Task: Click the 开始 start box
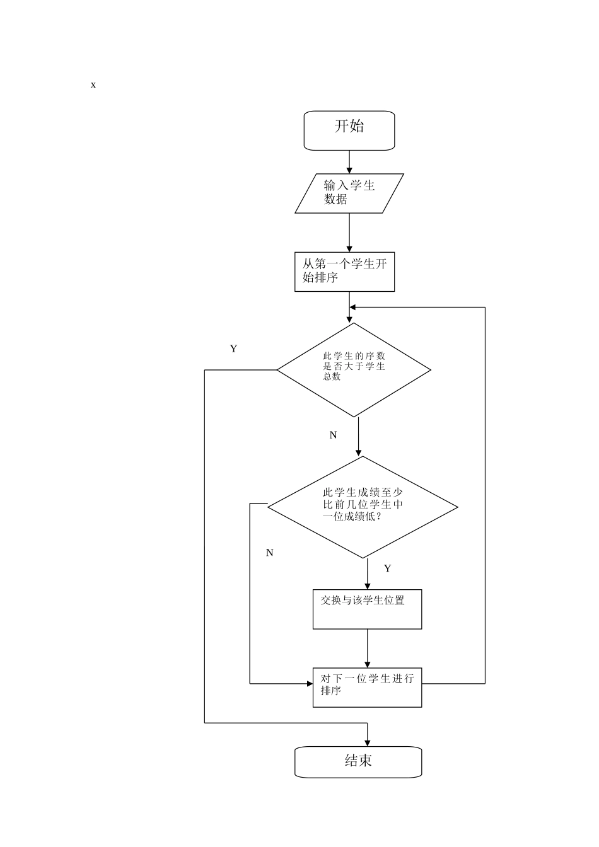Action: click(x=349, y=130)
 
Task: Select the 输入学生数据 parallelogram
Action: click(x=349, y=193)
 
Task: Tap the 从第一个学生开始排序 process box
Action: click(x=344, y=272)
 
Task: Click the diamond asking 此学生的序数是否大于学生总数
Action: click(x=354, y=370)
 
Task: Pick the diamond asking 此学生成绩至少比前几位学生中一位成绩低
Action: click(x=363, y=507)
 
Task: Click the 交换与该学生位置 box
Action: click(x=367, y=609)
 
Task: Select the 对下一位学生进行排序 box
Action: click(x=367, y=687)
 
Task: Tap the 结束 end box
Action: click(x=358, y=762)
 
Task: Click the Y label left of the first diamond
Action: click(x=233, y=349)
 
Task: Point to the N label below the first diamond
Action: click(x=333, y=435)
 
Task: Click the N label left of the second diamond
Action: click(x=269, y=553)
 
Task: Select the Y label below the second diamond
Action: click(x=387, y=568)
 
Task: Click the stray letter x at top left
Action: click(x=93, y=84)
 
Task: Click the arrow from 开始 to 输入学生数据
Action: click(x=349, y=162)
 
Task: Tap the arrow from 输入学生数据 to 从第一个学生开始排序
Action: click(x=349, y=233)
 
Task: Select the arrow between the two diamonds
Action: click(x=359, y=437)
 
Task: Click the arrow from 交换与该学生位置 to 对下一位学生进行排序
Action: click(x=368, y=648)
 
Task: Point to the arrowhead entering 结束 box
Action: click(x=368, y=742)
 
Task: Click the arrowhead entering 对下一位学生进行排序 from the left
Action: click(x=308, y=683)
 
